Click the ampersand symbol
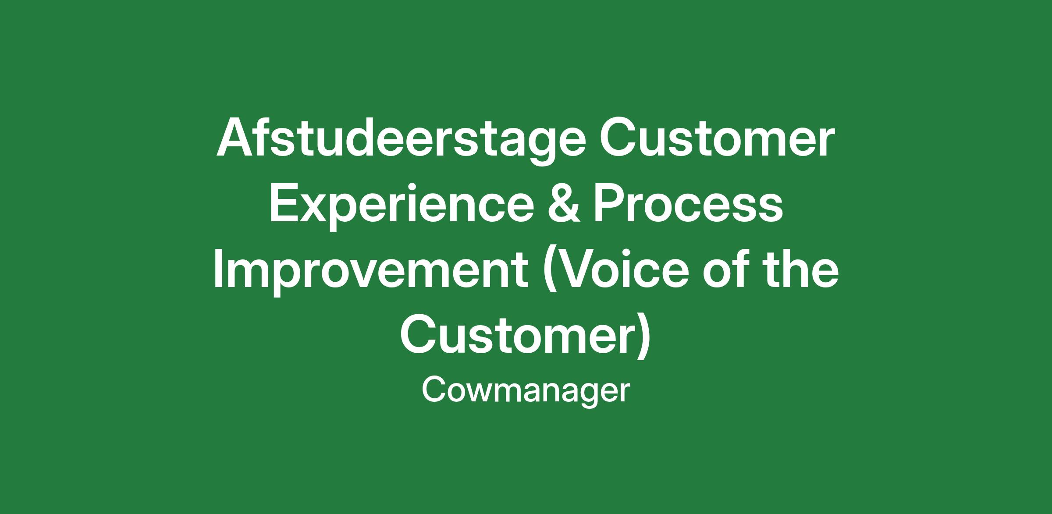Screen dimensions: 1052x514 click(564, 203)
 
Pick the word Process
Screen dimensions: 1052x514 click(688, 203)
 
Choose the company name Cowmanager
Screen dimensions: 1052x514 click(526, 391)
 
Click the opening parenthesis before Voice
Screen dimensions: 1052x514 click(550, 272)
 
